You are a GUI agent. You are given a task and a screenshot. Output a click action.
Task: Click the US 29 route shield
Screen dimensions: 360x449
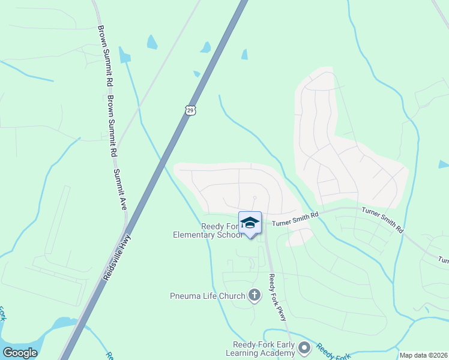190,110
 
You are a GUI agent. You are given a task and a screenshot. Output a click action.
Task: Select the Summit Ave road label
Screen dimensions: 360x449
121,190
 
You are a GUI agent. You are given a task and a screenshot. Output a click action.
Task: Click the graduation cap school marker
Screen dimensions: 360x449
250,223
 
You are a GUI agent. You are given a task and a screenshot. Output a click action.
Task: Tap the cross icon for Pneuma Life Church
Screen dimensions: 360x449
255,295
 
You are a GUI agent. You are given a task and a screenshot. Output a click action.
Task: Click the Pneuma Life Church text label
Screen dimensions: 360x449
208,295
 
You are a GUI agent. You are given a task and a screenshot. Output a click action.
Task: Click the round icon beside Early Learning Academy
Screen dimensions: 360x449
304,347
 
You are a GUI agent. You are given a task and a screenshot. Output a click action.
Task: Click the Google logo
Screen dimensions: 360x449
20,353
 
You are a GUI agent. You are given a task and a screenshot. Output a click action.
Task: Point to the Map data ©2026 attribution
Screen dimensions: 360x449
423,355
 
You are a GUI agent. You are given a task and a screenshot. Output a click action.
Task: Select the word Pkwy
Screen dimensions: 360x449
282,311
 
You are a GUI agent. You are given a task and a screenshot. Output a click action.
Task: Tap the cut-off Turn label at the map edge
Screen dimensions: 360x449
443,260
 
